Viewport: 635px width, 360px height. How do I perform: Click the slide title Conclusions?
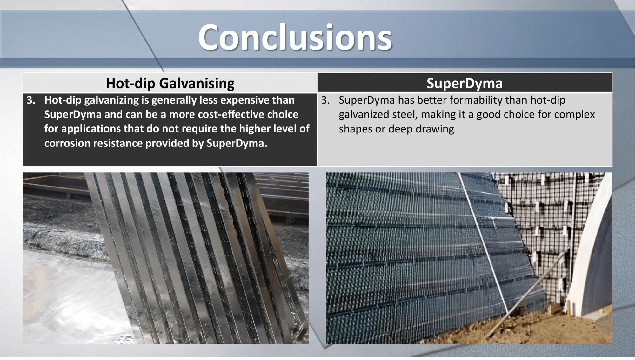pyautogui.click(x=295, y=37)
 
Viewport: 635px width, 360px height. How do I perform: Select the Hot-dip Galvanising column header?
pyautogui.click(x=170, y=83)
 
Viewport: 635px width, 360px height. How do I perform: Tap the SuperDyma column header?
pyautogui.click(x=465, y=83)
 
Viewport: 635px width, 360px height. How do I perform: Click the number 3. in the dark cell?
pyautogui.click(x=31, y=100)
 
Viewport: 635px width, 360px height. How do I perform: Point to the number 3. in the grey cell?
pyautogui.click(x=325, y=100)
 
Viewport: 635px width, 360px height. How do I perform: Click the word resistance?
pyautogui.click(x=118, y=143)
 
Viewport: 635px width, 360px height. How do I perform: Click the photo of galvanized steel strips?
pyautogui.click(x=165, y=258)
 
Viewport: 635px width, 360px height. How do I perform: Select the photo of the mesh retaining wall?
pyautogui.click(x=469, y=258)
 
